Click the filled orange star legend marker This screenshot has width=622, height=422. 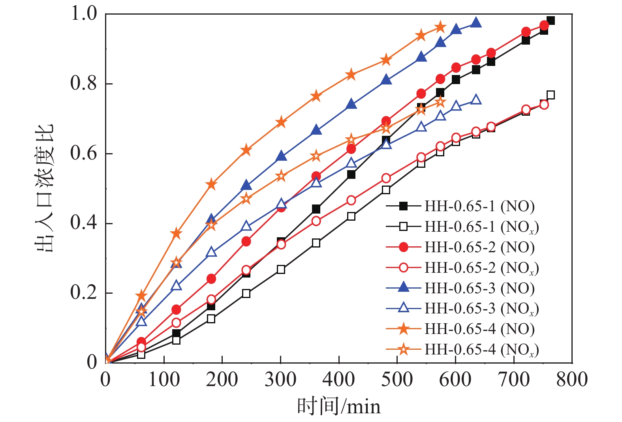click(404, 328)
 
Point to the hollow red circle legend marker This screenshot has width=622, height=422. click(404, 268)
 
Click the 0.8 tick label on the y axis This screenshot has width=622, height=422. click(83, 83)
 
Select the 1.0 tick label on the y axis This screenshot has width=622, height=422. click(83, 13)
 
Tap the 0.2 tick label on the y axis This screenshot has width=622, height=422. click(83, 293)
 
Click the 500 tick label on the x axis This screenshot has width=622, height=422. click(397, 380)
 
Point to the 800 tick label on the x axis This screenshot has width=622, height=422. click(572, 380)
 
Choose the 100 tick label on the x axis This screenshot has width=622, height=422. click(164, 380)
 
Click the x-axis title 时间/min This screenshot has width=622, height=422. click(339, 406)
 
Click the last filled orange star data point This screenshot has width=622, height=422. click(440, 27)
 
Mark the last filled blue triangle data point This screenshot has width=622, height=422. click(476, 23)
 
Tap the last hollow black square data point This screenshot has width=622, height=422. click(551, 95)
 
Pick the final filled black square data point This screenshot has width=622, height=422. click(551, 21)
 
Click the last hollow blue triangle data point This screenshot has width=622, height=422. click(476, 100)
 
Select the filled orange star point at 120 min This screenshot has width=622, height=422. click(176, 233)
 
